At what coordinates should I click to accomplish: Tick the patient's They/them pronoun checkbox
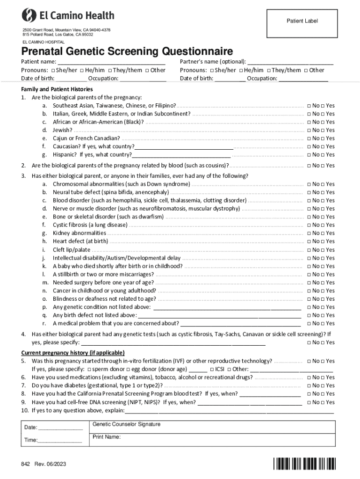tap(109, 70)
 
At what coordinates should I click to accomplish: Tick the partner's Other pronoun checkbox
tap(306, 70)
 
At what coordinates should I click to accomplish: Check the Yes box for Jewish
tap(324, 130)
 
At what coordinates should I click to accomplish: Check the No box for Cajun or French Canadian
tap(309, 138)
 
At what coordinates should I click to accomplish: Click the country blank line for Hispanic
tap(181, 155)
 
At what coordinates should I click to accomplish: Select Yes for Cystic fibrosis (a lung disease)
tap(324, 225)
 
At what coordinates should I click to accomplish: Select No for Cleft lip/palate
tap(309, 250)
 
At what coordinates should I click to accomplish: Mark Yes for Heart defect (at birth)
tap(324, 241)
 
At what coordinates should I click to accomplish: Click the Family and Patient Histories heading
tap(57, 89)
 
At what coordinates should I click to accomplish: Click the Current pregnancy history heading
tap(72, 353)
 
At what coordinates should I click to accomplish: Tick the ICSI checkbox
tap(212, 369)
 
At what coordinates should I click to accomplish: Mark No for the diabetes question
tap(309, 385)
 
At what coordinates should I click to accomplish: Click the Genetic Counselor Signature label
tap(126, 424)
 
